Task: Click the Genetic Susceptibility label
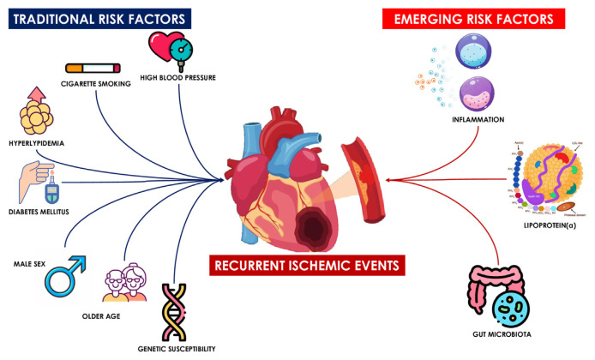(x=176, y=349)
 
